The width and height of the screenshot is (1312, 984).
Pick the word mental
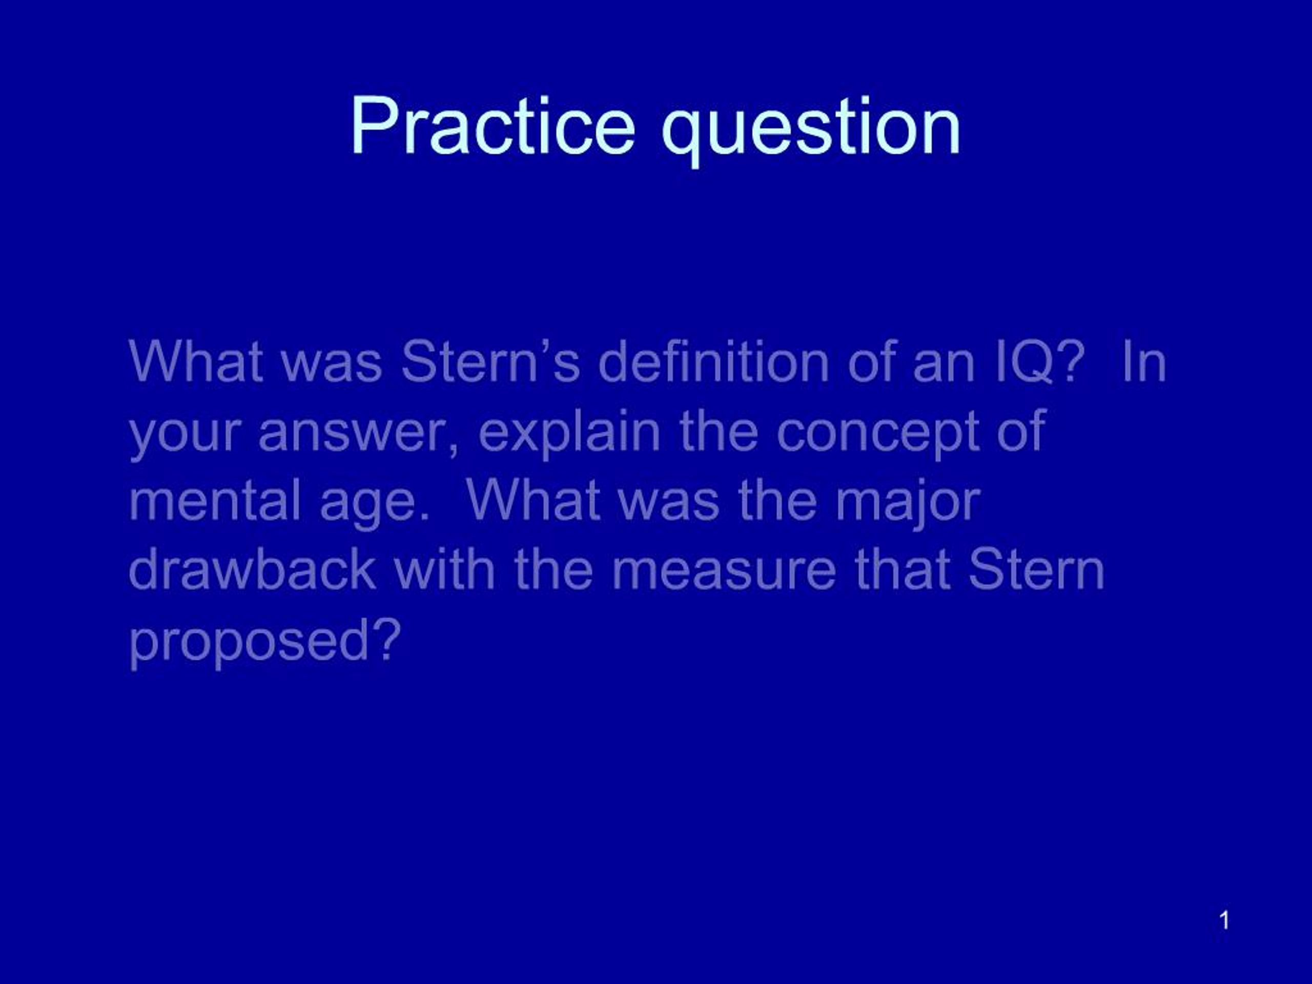coord(214,501)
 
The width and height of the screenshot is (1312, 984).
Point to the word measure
coord(723,575)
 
